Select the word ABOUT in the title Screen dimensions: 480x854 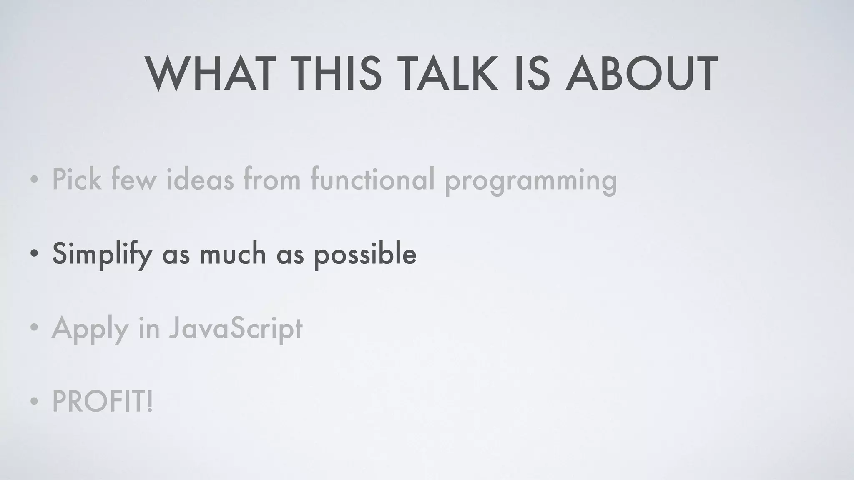point(641,74)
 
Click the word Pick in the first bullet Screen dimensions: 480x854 point(76,179)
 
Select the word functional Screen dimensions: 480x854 point(372,179)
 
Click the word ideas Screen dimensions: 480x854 point(200,179)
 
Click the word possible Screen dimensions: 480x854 point(365,254)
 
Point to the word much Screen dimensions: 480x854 point(233,254)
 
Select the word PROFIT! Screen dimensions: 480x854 point(103,402)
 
